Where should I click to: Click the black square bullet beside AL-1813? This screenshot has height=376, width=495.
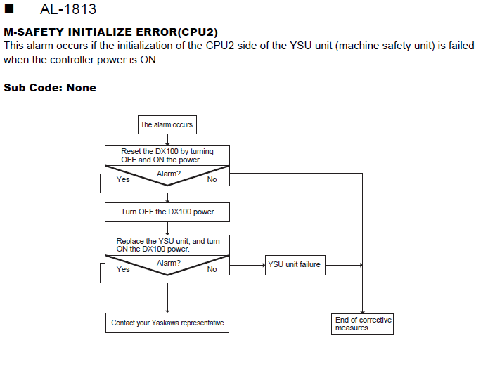9,8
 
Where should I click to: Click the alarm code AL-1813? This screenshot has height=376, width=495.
68,9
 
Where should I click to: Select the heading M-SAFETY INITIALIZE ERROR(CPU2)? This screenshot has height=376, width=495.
111,32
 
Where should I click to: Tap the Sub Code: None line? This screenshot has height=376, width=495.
50,88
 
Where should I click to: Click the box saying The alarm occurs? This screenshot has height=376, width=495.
167,124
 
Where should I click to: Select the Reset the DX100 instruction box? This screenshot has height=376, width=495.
167,155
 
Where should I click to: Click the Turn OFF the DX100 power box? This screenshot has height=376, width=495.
167,212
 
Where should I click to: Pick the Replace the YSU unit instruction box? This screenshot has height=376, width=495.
167,245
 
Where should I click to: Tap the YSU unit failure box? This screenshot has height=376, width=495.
295,265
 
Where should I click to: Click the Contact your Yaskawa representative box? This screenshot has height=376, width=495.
167,323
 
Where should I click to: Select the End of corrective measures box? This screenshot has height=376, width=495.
362,324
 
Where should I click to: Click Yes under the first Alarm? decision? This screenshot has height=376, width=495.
123,179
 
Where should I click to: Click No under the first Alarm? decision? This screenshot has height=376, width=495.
212,179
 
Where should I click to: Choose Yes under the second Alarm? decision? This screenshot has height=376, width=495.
123,269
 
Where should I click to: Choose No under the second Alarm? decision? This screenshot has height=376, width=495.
212,269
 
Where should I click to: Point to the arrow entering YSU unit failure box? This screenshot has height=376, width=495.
247,265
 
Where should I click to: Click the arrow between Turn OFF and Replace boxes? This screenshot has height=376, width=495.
167,228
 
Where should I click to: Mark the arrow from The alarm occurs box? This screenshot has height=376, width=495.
167,140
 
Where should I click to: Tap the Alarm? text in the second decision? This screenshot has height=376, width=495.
169,263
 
